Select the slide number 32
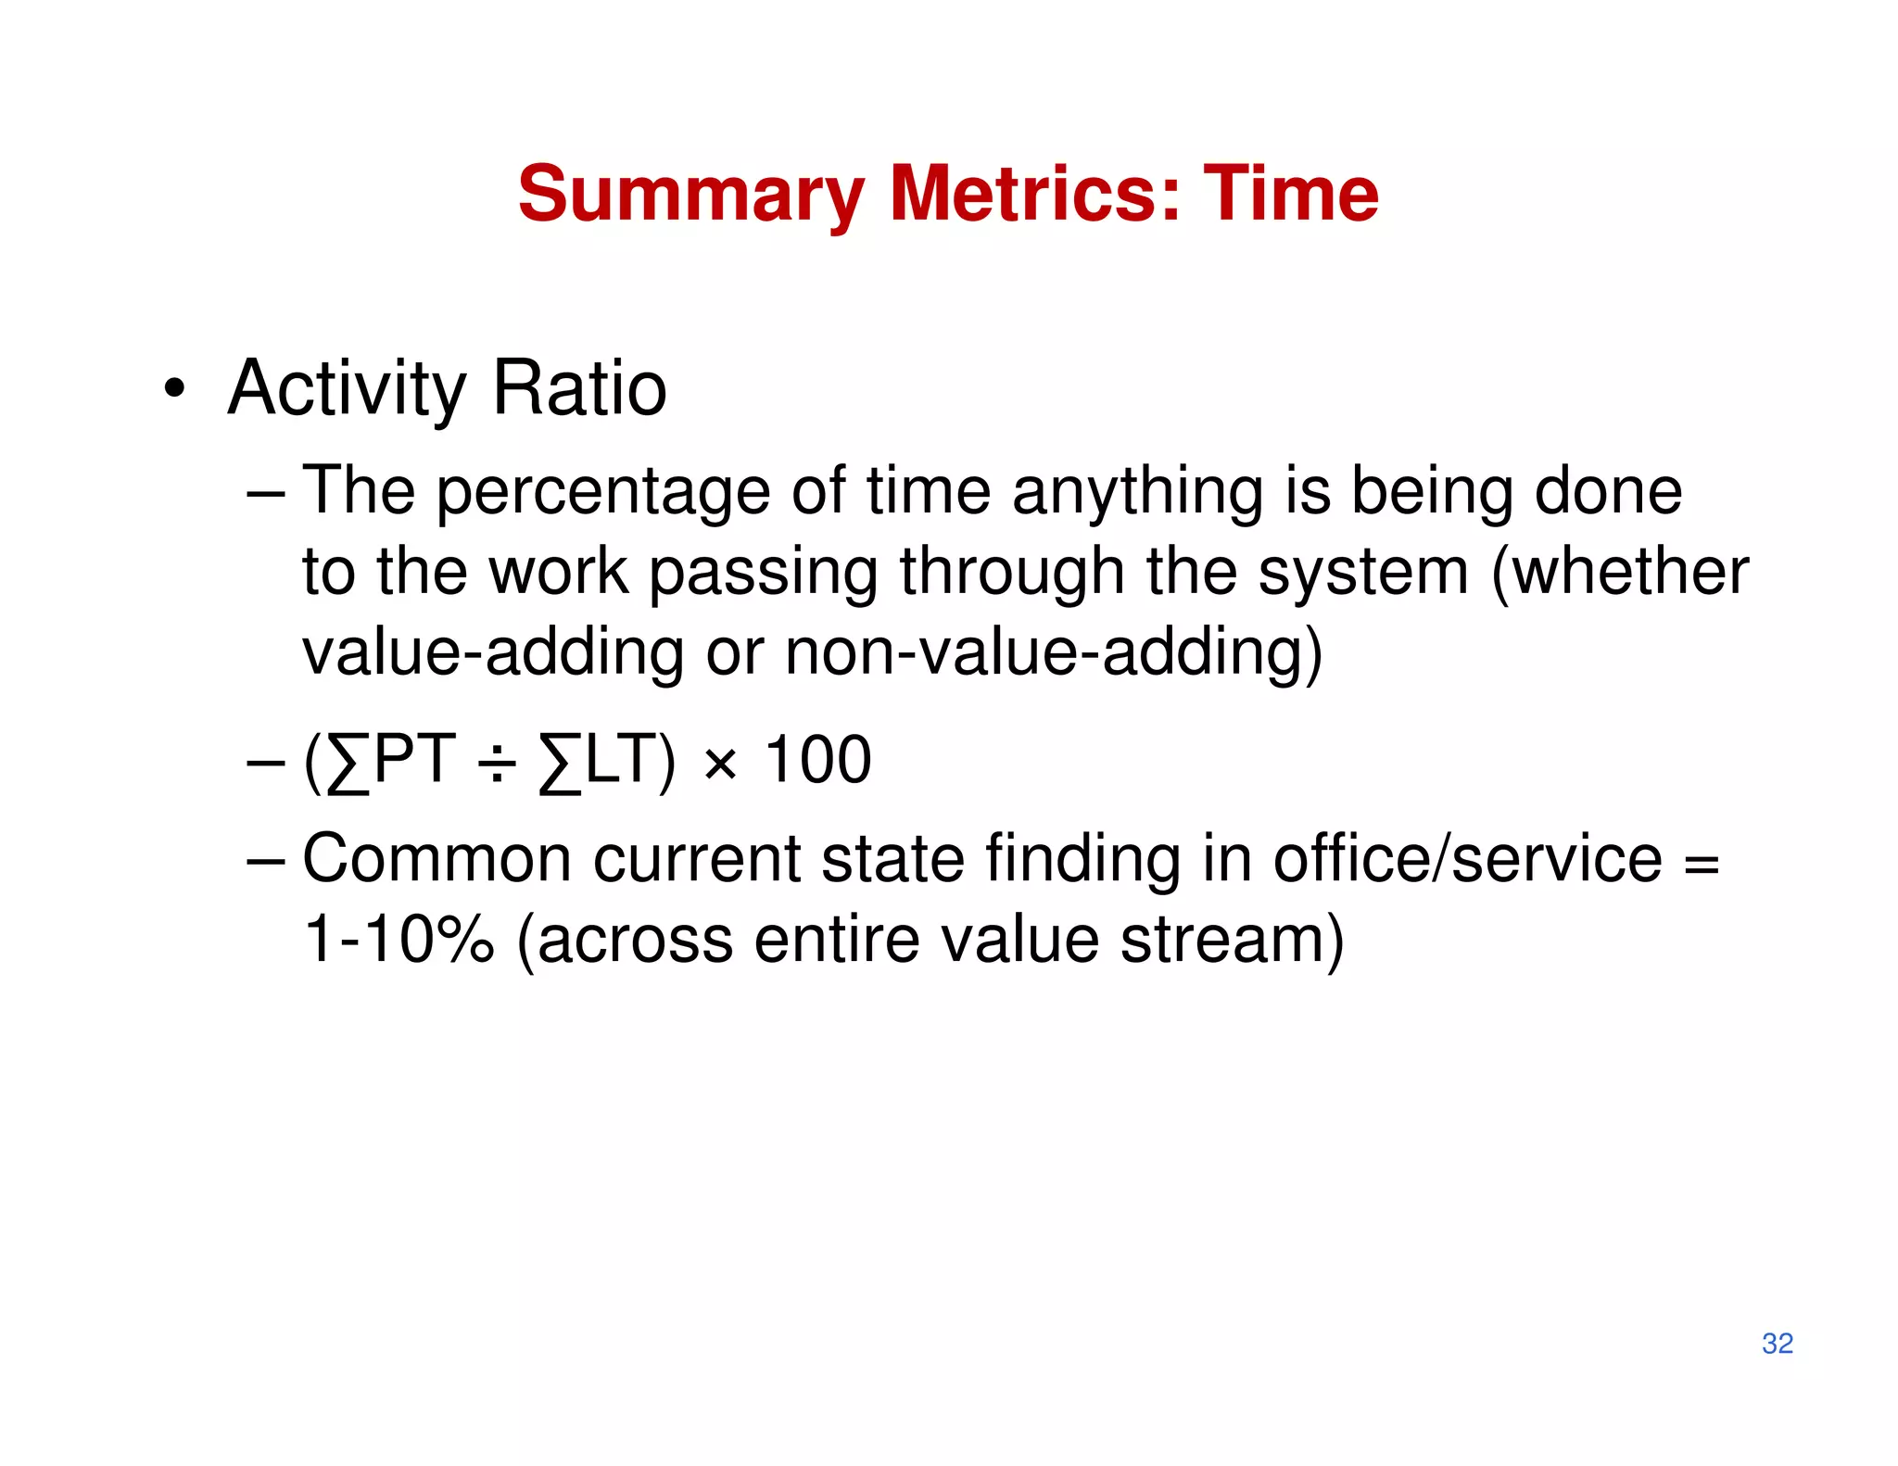(x=1777, y=1343)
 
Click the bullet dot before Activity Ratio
(x=173, y=389)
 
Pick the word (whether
(x=1620, y=572)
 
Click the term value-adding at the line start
(x=492, y=652)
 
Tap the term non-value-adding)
(x=1054, y=652)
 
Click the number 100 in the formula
(x=817, y=760)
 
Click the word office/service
(x=1467, y=859)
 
